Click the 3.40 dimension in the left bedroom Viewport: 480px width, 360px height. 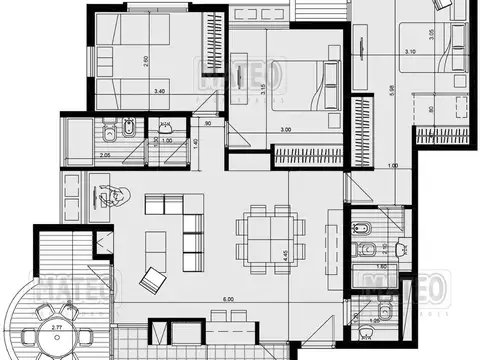coord(159,92)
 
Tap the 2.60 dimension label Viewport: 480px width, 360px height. coord(146,59)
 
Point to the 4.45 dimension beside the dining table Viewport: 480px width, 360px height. coord(286,255)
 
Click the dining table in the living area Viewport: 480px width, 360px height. coord(258,237)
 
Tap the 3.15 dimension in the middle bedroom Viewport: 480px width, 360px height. coord(262,89)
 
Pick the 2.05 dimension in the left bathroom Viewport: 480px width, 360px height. coord(78,155)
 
